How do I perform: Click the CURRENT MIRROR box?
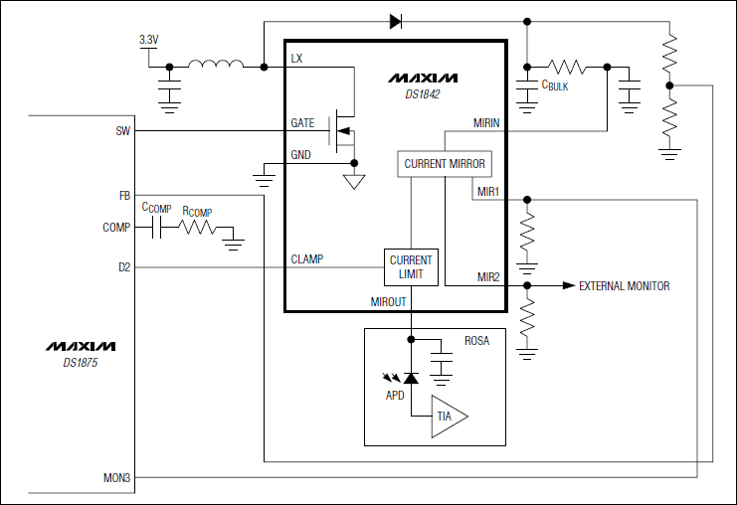445,163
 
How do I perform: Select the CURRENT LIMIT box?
411,266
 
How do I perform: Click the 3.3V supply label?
148,40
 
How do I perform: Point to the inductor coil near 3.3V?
216,66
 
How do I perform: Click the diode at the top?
395,20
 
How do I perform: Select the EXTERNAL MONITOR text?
624,286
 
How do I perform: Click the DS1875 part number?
80,363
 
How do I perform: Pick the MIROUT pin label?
389,301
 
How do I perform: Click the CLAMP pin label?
307,259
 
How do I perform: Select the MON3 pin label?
117,478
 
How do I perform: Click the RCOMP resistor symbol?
197,228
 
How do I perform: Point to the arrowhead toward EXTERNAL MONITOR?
569,286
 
